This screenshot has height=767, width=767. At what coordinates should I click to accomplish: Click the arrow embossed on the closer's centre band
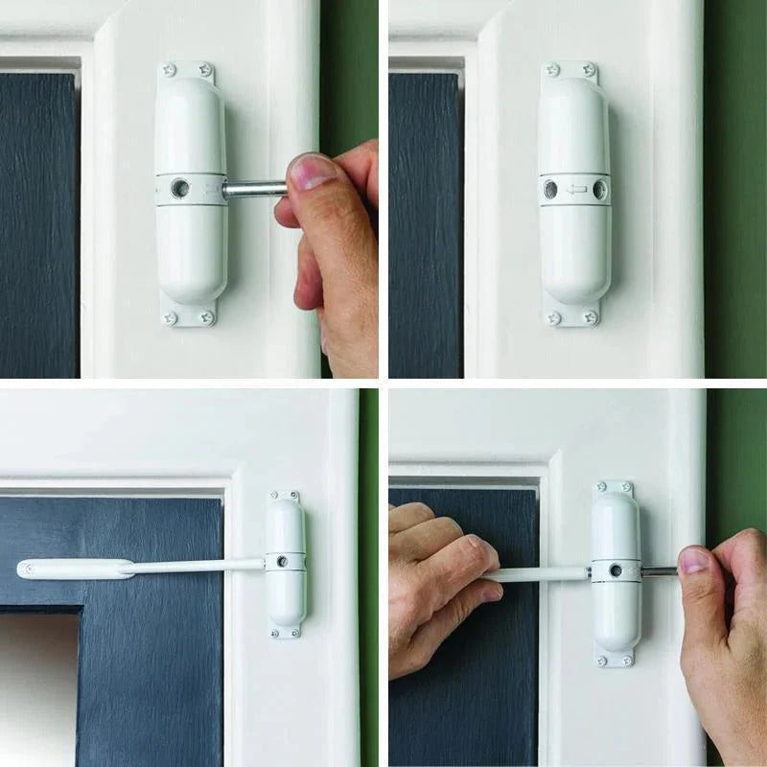pyautogui.click(x=575, y=189)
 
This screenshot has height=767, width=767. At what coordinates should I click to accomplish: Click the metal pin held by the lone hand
pyautogui.click(x=251, y=189)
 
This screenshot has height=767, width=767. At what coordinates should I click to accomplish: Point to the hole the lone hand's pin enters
pyautogui.click(x=179, y=188)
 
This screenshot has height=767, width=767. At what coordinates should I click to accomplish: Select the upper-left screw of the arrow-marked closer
pyautogui.click(x=551, y=70)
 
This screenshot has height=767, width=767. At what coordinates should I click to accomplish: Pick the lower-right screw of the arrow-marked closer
pyautogui.click(x=591, y=317)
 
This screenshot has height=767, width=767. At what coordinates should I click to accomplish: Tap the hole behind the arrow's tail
pyautogui.click(x=599, y=189)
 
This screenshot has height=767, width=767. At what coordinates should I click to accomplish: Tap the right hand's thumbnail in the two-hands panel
pyautogui.click(x=692, y=561)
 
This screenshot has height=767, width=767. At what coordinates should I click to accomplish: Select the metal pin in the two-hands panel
pyautogui.click(x=658, y=570)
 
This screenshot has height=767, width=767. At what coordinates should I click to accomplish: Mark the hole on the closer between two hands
pyautogui.click(x=616, y=570)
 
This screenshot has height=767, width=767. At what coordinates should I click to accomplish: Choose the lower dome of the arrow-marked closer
pyautogui.click(x=574, y=254)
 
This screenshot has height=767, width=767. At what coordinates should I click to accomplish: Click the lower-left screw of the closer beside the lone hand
pyautogui.click(x=171, y=317)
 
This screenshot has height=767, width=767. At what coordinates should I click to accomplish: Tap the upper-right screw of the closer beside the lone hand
pyautogui.click(x=207, y=69)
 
